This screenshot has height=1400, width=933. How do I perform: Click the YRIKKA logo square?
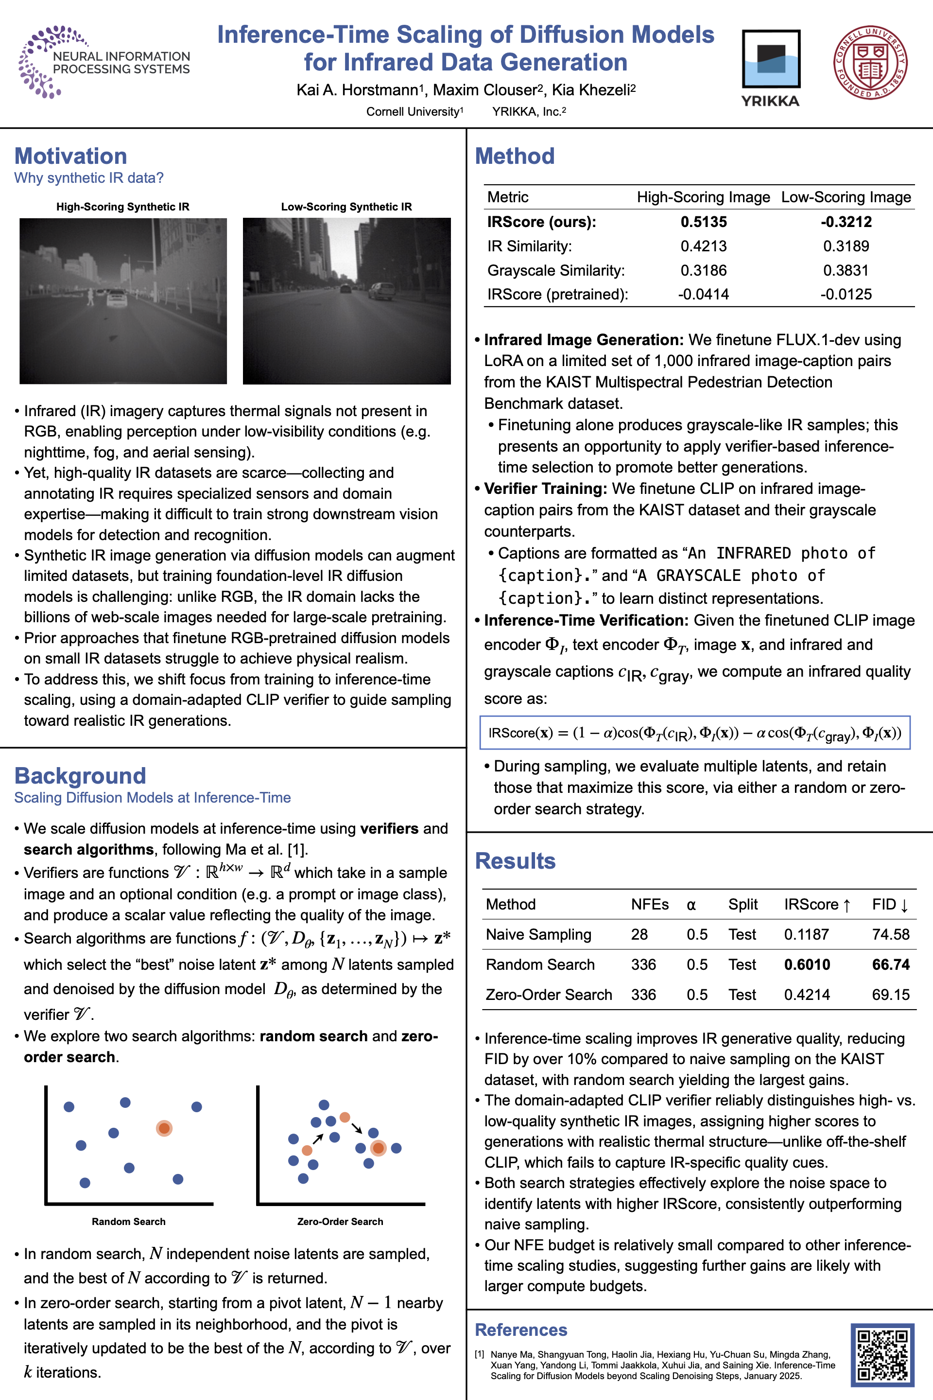771,59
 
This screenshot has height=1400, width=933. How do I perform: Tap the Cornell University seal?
870,63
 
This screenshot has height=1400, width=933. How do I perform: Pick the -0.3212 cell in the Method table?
846,222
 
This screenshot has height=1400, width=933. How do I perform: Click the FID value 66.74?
890,964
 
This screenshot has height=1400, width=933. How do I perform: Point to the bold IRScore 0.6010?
806,964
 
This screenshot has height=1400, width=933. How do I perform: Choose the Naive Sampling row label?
538,934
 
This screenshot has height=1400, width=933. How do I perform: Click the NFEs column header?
649,904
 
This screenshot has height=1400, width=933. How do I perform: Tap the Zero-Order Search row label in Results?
548,995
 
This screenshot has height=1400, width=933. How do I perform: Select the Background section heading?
80,776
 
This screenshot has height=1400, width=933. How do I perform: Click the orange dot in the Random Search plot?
164,1128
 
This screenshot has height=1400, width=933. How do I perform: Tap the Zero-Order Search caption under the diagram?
340,1222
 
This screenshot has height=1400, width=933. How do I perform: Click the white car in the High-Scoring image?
117,298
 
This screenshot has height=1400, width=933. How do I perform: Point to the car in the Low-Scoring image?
381,291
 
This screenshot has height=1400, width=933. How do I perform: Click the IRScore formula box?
694,733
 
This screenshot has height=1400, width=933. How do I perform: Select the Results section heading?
515,861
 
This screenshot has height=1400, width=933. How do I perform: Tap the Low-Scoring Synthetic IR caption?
346,207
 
